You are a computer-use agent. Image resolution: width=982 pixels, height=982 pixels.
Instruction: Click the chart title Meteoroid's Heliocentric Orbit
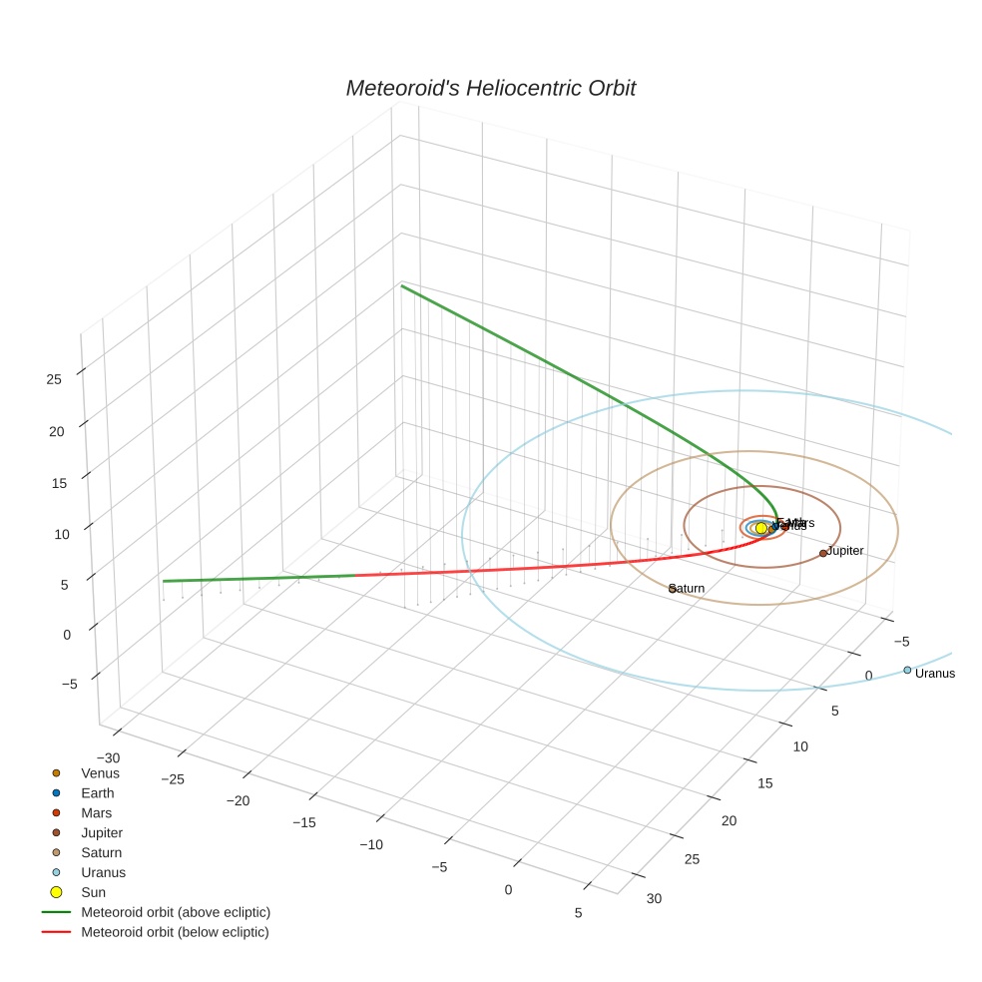[x=490, y=89]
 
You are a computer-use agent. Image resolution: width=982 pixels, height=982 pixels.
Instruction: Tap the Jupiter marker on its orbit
[x=823, y=553]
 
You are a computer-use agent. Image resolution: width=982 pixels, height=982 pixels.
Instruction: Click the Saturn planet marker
[x=673, y=589]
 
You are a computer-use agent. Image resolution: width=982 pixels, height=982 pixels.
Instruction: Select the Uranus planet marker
[x=907, y=671]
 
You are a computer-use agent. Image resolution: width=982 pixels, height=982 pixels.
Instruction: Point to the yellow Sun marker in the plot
[x=761, y=527]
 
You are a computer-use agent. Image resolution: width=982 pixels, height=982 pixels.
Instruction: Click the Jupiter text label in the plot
[x=845, y=551]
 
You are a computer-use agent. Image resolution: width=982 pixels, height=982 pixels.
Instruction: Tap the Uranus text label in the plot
[x=935, y=674]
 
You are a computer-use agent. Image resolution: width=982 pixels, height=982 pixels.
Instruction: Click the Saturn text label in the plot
[x=689, y=589]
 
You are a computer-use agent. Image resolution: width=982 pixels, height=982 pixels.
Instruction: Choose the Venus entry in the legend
[x=100, y=773]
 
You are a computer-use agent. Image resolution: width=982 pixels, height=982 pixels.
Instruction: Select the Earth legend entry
[x=98, y=793]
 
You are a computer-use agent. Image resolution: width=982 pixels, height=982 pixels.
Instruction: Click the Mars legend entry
[x=97, y=813]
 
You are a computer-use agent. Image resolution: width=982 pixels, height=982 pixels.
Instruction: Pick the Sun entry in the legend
[x=93, y=892]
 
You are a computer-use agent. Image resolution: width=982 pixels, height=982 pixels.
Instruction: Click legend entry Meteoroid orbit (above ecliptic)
[x=176, y=912]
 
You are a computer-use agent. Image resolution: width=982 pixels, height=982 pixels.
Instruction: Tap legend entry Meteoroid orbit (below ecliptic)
[x=176, y=932]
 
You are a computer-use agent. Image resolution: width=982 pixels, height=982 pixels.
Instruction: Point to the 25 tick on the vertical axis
[x=54, y=379]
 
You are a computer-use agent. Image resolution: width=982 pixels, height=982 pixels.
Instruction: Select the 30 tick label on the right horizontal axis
[x=654, y=899]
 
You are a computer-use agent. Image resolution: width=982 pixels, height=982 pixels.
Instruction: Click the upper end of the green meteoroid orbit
[x=402, y=286]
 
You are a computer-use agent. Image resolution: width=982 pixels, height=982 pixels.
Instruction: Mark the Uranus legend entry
[x=104, y=872]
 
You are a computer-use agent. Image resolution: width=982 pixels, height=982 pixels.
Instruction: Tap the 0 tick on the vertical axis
[x=67, y=634]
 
